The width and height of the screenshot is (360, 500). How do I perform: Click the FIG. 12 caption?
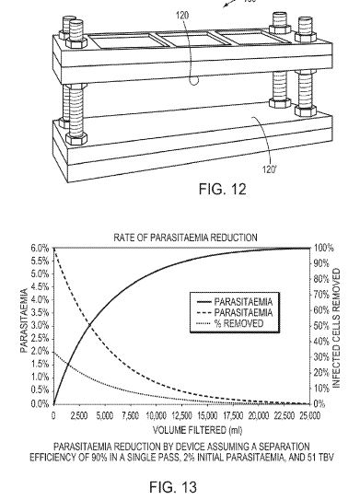[222, 189]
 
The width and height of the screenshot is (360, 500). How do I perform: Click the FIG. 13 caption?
[173, 487]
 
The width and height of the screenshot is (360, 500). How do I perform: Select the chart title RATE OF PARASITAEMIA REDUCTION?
[185, 238]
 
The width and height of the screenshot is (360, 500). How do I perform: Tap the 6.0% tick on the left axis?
[41, 248]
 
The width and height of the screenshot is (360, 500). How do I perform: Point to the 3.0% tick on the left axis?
[41, 326]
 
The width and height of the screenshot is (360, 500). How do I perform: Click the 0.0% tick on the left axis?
[41, 403]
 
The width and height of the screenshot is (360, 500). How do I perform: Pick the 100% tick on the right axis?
[323, 248]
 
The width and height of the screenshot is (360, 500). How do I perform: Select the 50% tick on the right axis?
[321, 326]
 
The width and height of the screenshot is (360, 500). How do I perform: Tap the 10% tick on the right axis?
[321, 389]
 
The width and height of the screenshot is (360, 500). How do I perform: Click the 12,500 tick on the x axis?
[182, 416]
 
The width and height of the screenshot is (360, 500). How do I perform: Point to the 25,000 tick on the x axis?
[310, 416]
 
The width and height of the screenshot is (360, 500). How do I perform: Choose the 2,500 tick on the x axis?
[79, 416]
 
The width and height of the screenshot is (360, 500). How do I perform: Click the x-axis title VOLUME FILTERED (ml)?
[197, 430]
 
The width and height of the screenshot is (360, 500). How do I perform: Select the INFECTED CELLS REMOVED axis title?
[337, 328]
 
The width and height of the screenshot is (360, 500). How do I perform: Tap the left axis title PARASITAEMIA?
[24, 320]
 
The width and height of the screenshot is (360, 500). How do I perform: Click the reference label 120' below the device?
[269, 169]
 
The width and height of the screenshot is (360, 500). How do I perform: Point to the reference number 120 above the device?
[182, 15]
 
